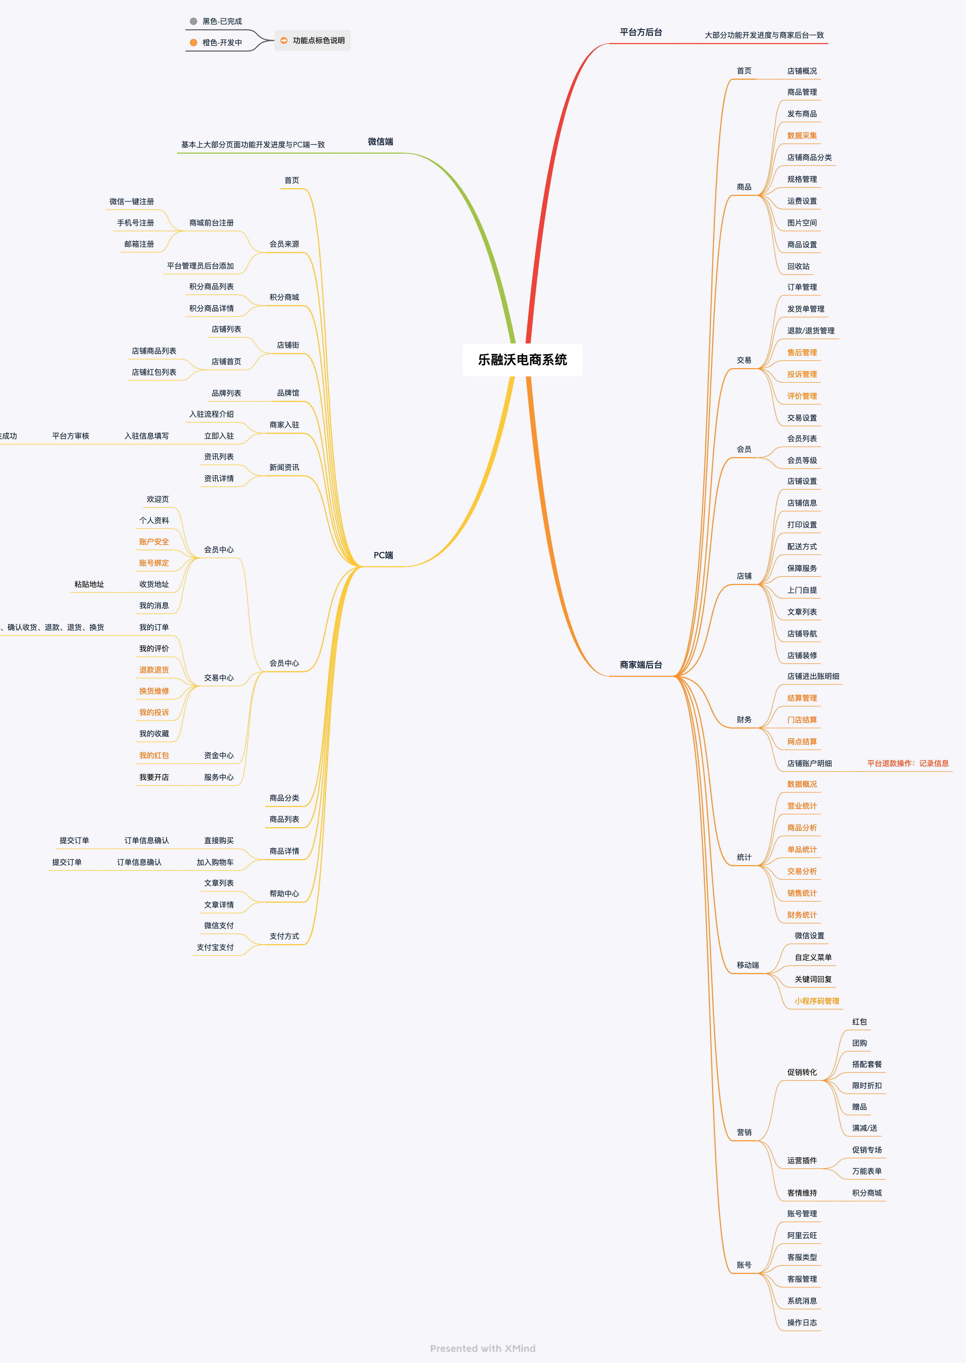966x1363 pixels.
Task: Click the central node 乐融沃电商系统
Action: (x=522, y=360)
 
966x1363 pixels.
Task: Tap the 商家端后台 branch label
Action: (x=641, y=665)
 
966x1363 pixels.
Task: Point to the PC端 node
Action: (x=383, y=556)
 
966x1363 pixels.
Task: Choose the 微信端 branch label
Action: (x=380, y=141)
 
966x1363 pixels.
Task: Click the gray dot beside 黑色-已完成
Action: (x=193, y=22)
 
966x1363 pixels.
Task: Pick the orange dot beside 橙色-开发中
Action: (x=193, y=42)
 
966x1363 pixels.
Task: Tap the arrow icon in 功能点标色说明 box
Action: (x=284, y=40)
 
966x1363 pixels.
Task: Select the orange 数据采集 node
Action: (x=802, y=136)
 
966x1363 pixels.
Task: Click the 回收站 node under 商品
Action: (x=798, y=266)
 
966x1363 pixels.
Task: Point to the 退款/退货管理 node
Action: (x=810, y=331)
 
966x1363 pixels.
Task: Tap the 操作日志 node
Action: (x=802, y=1323)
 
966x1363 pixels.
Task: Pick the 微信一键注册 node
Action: (x=132, y=201)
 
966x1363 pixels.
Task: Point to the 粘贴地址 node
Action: (x=89, y=584)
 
